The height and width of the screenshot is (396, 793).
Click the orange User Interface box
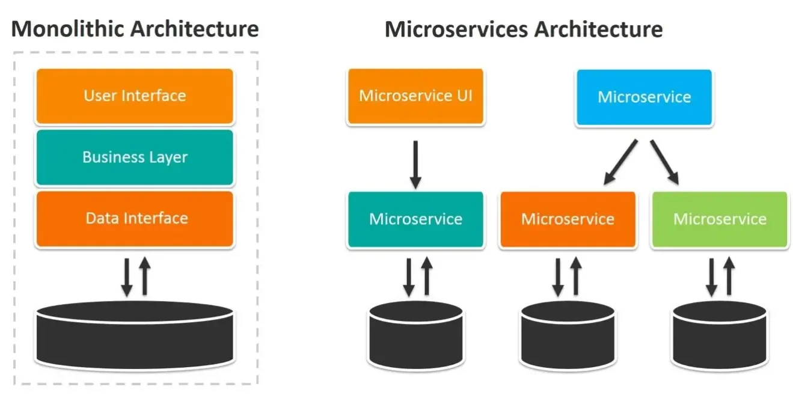[x=134, y=96]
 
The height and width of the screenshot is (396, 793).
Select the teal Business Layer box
[x=134, y=157]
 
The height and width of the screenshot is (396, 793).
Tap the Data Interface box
[x=134, y=219]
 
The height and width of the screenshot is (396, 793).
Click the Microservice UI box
[x=415, y=96]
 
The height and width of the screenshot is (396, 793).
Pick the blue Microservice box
[x=644, y=97]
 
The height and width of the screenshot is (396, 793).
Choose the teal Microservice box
[x=415, y=219]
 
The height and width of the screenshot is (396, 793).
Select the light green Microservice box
[x=719, y=219]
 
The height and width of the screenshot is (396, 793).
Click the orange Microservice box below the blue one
[x=568, y=219]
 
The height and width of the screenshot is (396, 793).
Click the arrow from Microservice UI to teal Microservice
[x=415, y=162]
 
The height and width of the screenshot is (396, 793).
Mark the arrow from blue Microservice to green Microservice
[x=664, y=161]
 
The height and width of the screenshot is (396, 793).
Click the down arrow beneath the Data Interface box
[x=127, y=276]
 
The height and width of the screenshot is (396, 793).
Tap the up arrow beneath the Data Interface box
[x=144, y=276]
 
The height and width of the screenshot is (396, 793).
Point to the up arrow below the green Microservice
[x=729, y=276]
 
